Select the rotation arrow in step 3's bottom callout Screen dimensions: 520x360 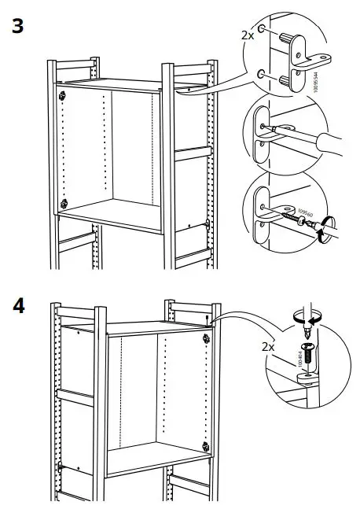point(321,230)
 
